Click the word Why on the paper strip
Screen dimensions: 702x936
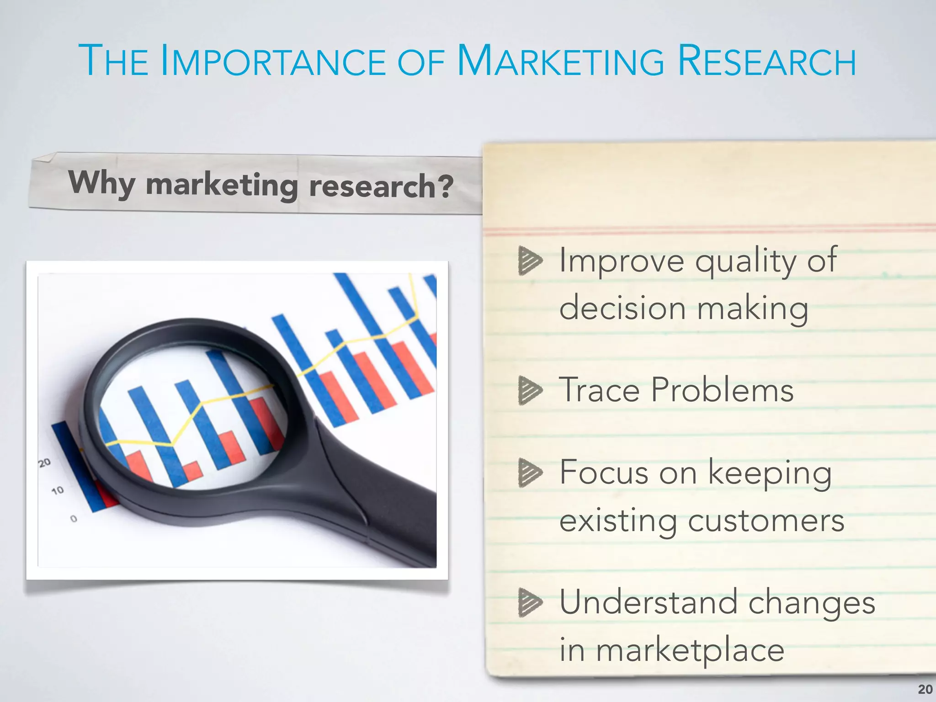coord(101,183)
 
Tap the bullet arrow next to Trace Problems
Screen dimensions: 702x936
coord(530,390)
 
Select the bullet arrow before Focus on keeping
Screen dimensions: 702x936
coord(530,473)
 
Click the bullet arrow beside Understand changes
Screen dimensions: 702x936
coord(530,602)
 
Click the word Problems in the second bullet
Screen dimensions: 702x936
coord(722,390)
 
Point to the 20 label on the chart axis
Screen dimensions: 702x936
coord(44,463)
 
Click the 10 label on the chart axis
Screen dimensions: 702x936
coord(58,491)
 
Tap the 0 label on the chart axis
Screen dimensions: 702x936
coord(74,519)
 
